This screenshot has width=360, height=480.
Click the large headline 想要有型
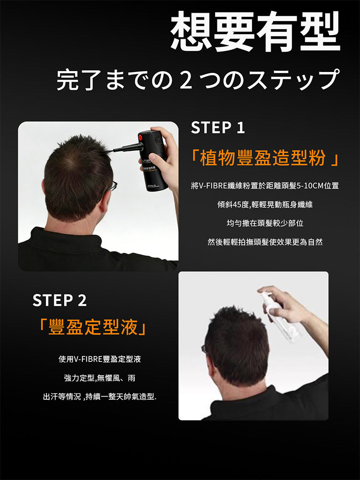point(255,31)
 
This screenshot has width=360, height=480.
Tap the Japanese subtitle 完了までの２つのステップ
point(198,80)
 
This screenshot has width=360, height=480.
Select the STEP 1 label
point(218,128)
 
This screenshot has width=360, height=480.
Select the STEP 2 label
point(59,300)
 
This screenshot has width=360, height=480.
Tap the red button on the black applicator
point(140,138)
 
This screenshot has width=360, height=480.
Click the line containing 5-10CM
point(265,186)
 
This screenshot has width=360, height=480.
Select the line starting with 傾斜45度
point(265,205)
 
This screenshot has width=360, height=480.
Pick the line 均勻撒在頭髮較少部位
point(265,223)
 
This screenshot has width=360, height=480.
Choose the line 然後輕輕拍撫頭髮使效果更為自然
point(265,242)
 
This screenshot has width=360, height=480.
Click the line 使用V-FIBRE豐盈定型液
point(99,359)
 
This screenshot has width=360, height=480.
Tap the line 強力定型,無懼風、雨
point(99,378)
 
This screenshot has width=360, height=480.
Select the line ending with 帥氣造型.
point(99,397)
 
